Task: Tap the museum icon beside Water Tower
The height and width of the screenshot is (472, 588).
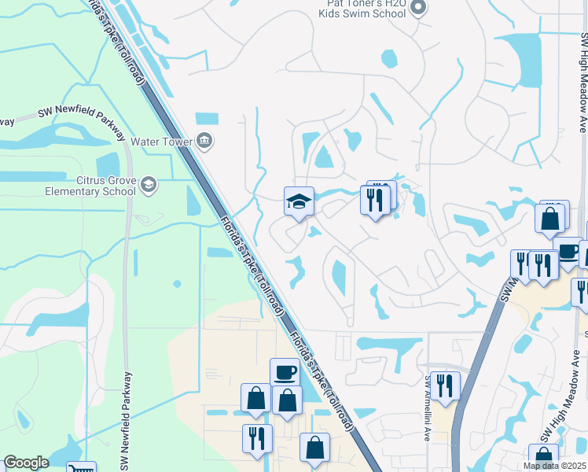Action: coord(204,142)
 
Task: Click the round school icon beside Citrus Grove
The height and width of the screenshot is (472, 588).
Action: coord(149,185)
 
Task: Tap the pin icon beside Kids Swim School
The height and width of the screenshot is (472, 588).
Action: coord(418,9)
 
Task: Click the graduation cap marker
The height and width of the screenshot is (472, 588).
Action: coord(299,203)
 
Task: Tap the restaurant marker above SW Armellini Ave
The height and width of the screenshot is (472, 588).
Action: coord(445,387)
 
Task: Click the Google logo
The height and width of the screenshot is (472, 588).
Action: coord(26,463)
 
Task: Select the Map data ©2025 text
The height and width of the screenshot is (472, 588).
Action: coord(554,466)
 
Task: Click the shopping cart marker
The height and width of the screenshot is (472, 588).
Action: coord(81,469)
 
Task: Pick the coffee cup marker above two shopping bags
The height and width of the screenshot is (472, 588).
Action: coord(285,372)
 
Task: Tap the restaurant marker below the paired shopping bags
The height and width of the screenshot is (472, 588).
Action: coord(257,439)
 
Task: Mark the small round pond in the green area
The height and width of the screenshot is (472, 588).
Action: coord(178,283)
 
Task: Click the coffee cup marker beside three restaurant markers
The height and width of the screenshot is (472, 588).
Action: coord(568,252)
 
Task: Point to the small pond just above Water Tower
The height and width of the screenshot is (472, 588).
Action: coord(206,118)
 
